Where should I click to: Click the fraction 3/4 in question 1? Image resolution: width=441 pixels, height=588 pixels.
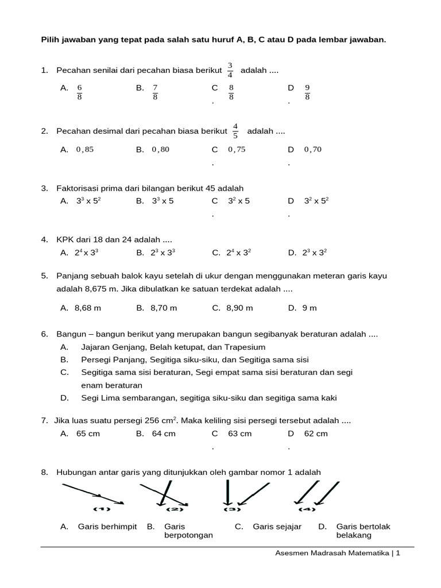[230, 69]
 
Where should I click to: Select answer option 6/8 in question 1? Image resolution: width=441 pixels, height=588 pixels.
[80, 92]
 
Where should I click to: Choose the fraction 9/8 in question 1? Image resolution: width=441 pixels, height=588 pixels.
[307, 92]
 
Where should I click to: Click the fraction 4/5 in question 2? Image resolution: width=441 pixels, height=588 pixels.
[235, 131]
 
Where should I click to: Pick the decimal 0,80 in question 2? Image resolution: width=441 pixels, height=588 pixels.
[160, 149]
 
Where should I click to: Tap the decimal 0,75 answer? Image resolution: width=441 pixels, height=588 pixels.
[237, 149]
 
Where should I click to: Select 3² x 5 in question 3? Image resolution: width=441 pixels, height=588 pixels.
[239, 201]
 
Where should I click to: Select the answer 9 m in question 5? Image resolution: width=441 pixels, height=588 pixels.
[310, 308]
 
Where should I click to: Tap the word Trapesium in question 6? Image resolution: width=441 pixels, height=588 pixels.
[247, 347]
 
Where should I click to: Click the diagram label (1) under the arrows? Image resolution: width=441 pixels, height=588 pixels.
[102, 509]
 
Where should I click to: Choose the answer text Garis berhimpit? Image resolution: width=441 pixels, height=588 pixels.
[107, 526]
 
